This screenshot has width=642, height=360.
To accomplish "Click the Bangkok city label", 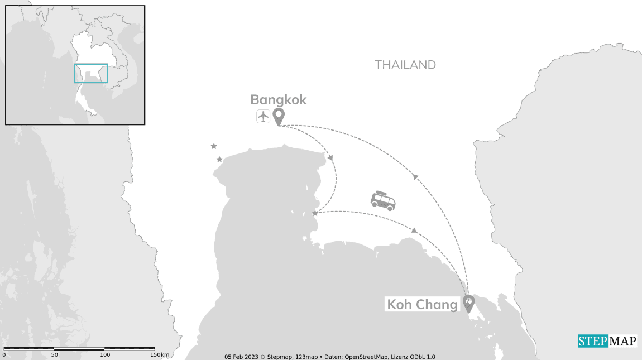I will [x=278, y=100].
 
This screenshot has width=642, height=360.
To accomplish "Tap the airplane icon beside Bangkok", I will [x=263, y=117].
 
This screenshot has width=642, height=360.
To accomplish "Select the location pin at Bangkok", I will [x=278, y=116].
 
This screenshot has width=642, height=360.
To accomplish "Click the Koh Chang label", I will [x=422, y=305].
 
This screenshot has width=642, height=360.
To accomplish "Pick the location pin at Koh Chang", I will [x=468, y=303].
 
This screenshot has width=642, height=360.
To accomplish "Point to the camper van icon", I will [x=384, y=201].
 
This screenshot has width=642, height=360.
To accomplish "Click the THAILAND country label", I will [x=405, y=65].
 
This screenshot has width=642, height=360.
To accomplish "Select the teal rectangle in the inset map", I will [x=91, y=73].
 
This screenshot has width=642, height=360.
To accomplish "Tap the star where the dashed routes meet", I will [x=315, y=213].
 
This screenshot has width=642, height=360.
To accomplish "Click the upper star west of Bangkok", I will [x=214, y=146].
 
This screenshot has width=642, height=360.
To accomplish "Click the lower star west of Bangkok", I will [x=219, y=160].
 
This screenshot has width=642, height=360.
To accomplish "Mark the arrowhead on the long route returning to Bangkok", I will [x=415, y=176].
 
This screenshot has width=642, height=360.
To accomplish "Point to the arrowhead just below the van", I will [x=414, y=230].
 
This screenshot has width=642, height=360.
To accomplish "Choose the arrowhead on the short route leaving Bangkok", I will [x=330, y=158].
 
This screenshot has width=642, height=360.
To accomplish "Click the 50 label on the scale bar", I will [x=55, y=355].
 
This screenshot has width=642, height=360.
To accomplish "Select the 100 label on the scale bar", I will [x=105, y=355].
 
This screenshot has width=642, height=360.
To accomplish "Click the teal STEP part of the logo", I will [x=592, y=341].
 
